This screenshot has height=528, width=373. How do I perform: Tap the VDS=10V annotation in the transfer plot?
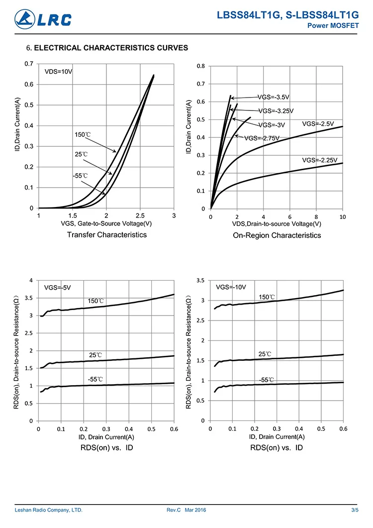point(59,72)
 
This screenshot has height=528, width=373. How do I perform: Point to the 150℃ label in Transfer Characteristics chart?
point(83,135)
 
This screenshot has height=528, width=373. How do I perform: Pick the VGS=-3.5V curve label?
point(273,97)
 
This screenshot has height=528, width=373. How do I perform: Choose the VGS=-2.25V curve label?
point(320,160)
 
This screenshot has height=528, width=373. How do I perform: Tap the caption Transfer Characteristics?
point(107,234)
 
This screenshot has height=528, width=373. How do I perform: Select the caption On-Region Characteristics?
point(277,235)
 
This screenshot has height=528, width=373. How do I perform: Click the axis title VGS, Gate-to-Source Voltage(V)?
point(106,223)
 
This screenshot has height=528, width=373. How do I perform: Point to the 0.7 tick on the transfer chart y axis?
point(29,64)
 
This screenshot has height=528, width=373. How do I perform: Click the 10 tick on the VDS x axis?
point(342,217)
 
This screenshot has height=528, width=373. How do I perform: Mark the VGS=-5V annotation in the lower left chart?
point(58,287)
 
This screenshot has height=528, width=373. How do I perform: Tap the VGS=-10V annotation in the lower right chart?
point(231,287)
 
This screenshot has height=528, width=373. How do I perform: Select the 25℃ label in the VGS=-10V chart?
point(265,354)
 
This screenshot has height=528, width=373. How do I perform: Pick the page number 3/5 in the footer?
point(355,510)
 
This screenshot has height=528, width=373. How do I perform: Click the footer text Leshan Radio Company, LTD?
point(49,510)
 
